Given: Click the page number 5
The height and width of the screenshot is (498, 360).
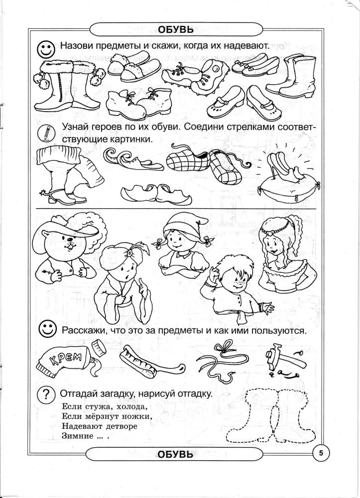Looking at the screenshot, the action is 321,453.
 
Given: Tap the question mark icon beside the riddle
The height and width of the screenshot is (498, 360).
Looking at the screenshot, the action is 46,394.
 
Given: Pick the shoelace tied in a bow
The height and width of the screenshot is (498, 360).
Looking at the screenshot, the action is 222,359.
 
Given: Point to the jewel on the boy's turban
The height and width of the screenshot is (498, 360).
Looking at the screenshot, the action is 129,253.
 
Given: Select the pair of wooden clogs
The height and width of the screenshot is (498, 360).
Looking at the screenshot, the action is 156,193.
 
